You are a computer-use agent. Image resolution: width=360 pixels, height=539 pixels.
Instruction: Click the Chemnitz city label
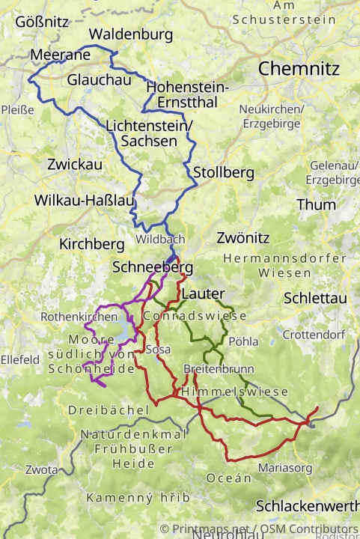299,69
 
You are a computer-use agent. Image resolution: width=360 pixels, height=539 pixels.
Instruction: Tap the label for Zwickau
74,164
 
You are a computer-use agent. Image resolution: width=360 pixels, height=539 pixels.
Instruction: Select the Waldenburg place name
130,34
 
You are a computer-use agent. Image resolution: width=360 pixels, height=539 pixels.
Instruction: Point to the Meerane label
61,55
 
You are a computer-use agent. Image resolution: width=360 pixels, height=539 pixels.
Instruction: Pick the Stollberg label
223,173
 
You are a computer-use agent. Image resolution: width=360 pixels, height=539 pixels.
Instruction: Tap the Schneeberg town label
153,267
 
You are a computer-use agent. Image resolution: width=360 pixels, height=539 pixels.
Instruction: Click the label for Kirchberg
91,244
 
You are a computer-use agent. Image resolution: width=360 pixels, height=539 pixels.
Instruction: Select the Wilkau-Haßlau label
84,201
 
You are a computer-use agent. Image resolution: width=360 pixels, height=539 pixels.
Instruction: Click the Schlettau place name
315,298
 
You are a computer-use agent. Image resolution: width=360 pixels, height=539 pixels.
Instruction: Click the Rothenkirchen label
79,317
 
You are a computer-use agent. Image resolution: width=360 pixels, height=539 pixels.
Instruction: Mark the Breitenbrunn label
219,369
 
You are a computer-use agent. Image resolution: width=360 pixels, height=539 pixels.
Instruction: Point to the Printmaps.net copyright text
258,529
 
